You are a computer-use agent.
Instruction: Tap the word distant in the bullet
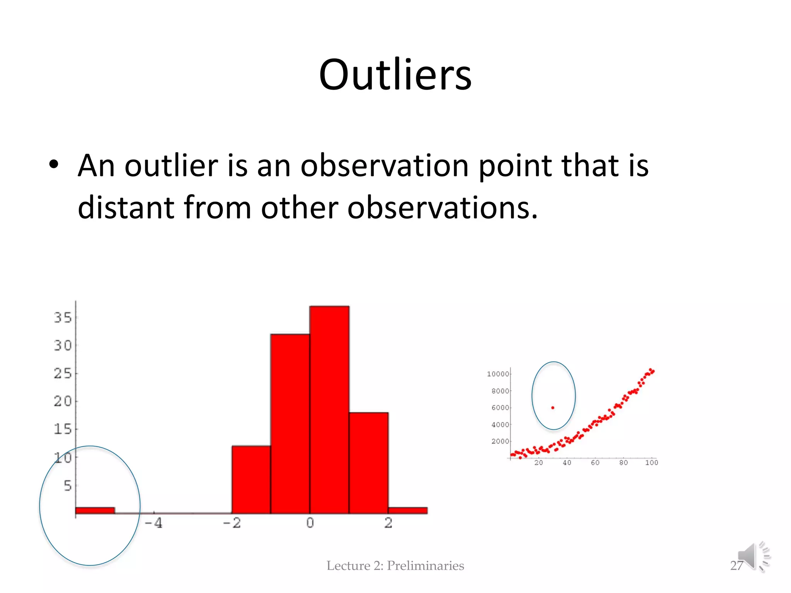(x=126, y=207)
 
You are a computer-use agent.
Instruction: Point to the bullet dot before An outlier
(x=54, y=165)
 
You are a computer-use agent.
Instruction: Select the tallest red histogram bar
(x=329, y=409)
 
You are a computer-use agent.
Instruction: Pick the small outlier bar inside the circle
(x=95, y=510)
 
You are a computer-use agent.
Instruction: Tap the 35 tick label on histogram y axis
(x=63, y=318)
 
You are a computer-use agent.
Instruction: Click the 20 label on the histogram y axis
(x=63, y=402)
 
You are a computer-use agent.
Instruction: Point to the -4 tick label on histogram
(x=153, y=523)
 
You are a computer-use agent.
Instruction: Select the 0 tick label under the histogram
(x=310, y=523)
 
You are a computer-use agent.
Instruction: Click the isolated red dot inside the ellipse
(x=553, y=408)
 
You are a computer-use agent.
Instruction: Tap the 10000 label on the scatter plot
(x=498, y=374)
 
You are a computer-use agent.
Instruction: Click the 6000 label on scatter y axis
(x=500, y=408)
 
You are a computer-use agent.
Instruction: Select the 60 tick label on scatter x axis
(x=595, y=463)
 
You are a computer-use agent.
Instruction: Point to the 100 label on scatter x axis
(x=652, y=463)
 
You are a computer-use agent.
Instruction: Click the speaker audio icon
(x=753, y=556)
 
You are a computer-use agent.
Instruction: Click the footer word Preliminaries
(x=425, y=566)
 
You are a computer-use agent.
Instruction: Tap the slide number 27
(x=736, y=566)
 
